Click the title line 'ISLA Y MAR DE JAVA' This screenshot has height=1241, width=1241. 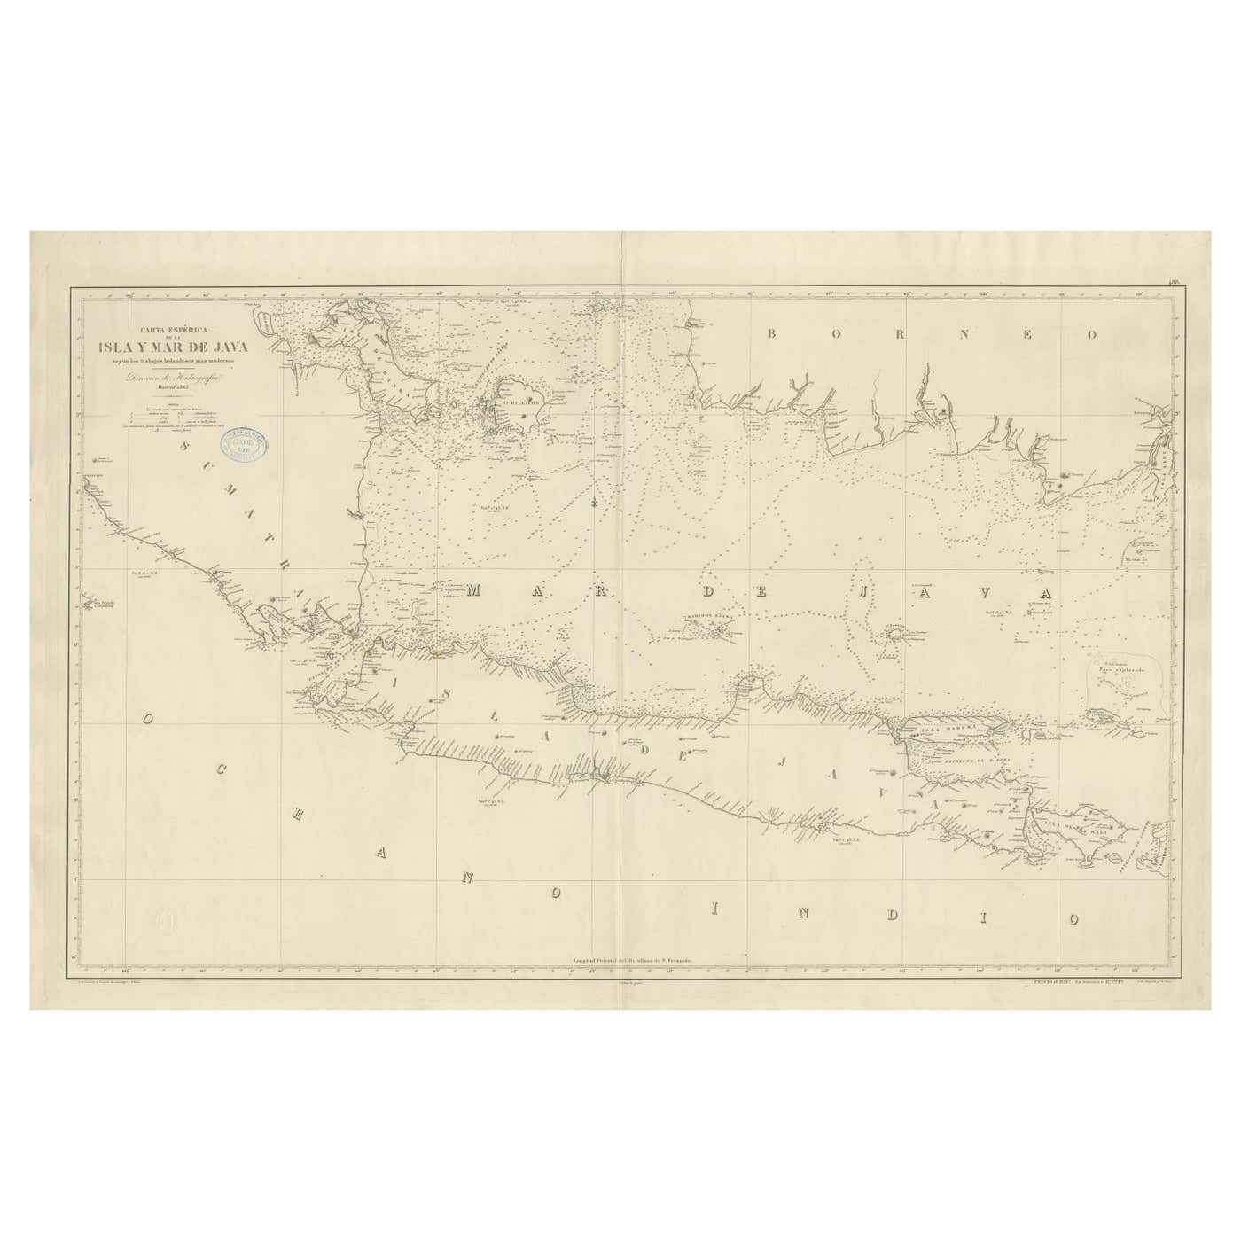tap(174, 346)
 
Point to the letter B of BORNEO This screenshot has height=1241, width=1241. tap(771, 334)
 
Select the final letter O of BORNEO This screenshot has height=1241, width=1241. tap(1092, 334)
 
